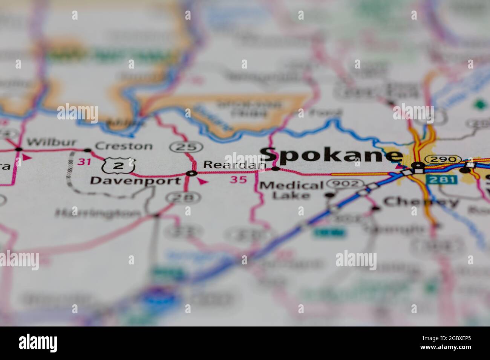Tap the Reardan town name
[234, 165]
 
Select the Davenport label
[135, 181]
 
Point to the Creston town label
[124, 146]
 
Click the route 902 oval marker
[346, 184]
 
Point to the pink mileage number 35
[239, 180]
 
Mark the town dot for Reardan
[276, 169]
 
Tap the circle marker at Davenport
[191, 173]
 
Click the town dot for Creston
[87, 150]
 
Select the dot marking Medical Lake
[329, 195]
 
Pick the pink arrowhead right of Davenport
[203, 182]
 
